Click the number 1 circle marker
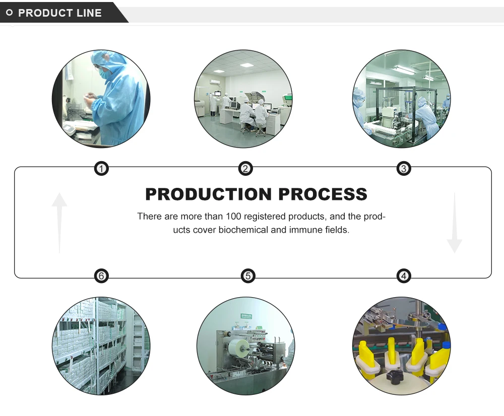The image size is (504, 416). tap(102, 169)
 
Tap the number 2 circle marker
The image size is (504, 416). tap(245, 169)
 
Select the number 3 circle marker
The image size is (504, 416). tap(404, 169)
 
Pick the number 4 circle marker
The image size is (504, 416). tap(404, 275)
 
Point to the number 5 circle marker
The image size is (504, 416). tap(247, 275)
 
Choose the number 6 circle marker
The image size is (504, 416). tap(102, 275)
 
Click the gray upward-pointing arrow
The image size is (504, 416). tap(59, 222)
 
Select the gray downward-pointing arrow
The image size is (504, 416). tap(454, 222)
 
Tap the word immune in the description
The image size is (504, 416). tap(302, 230)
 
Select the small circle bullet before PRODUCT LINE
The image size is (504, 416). tap(9, 13)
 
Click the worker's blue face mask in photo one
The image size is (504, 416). tap(103, 74)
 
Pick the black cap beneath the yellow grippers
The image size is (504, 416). tap(391, 376)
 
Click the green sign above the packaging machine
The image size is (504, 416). tap(246, 316)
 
